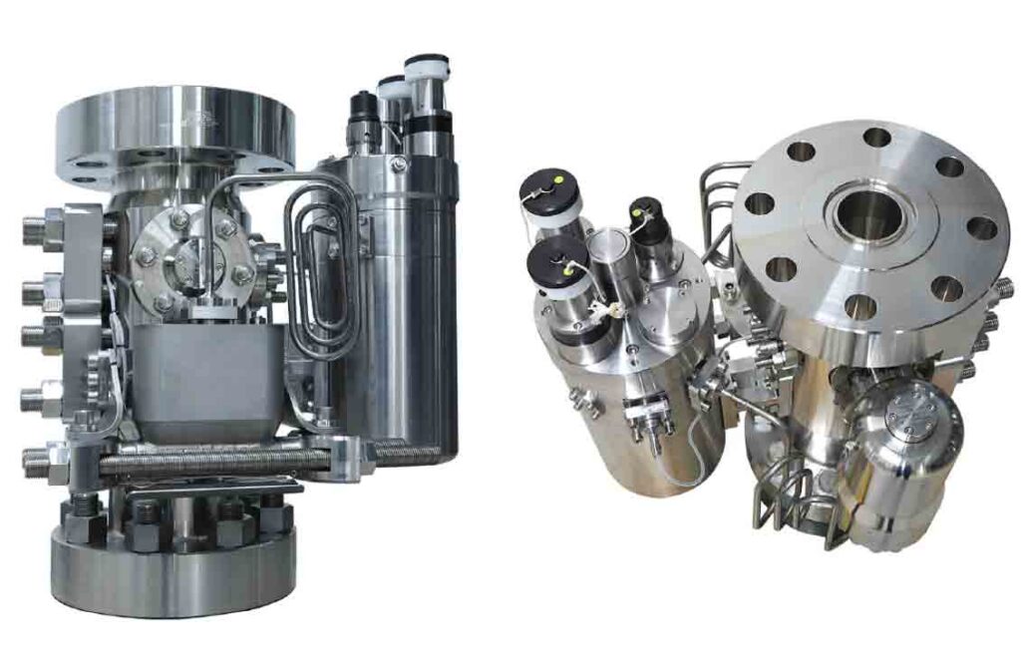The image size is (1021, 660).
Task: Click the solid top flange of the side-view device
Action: pos(175,130)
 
